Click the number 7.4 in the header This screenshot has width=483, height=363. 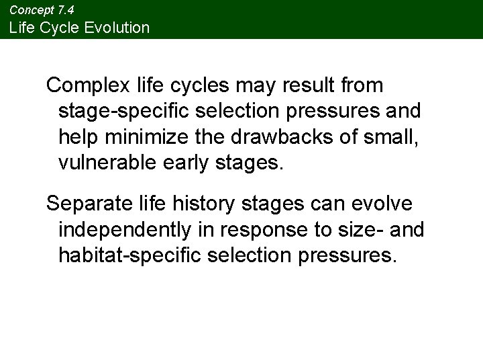pos(65,10)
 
